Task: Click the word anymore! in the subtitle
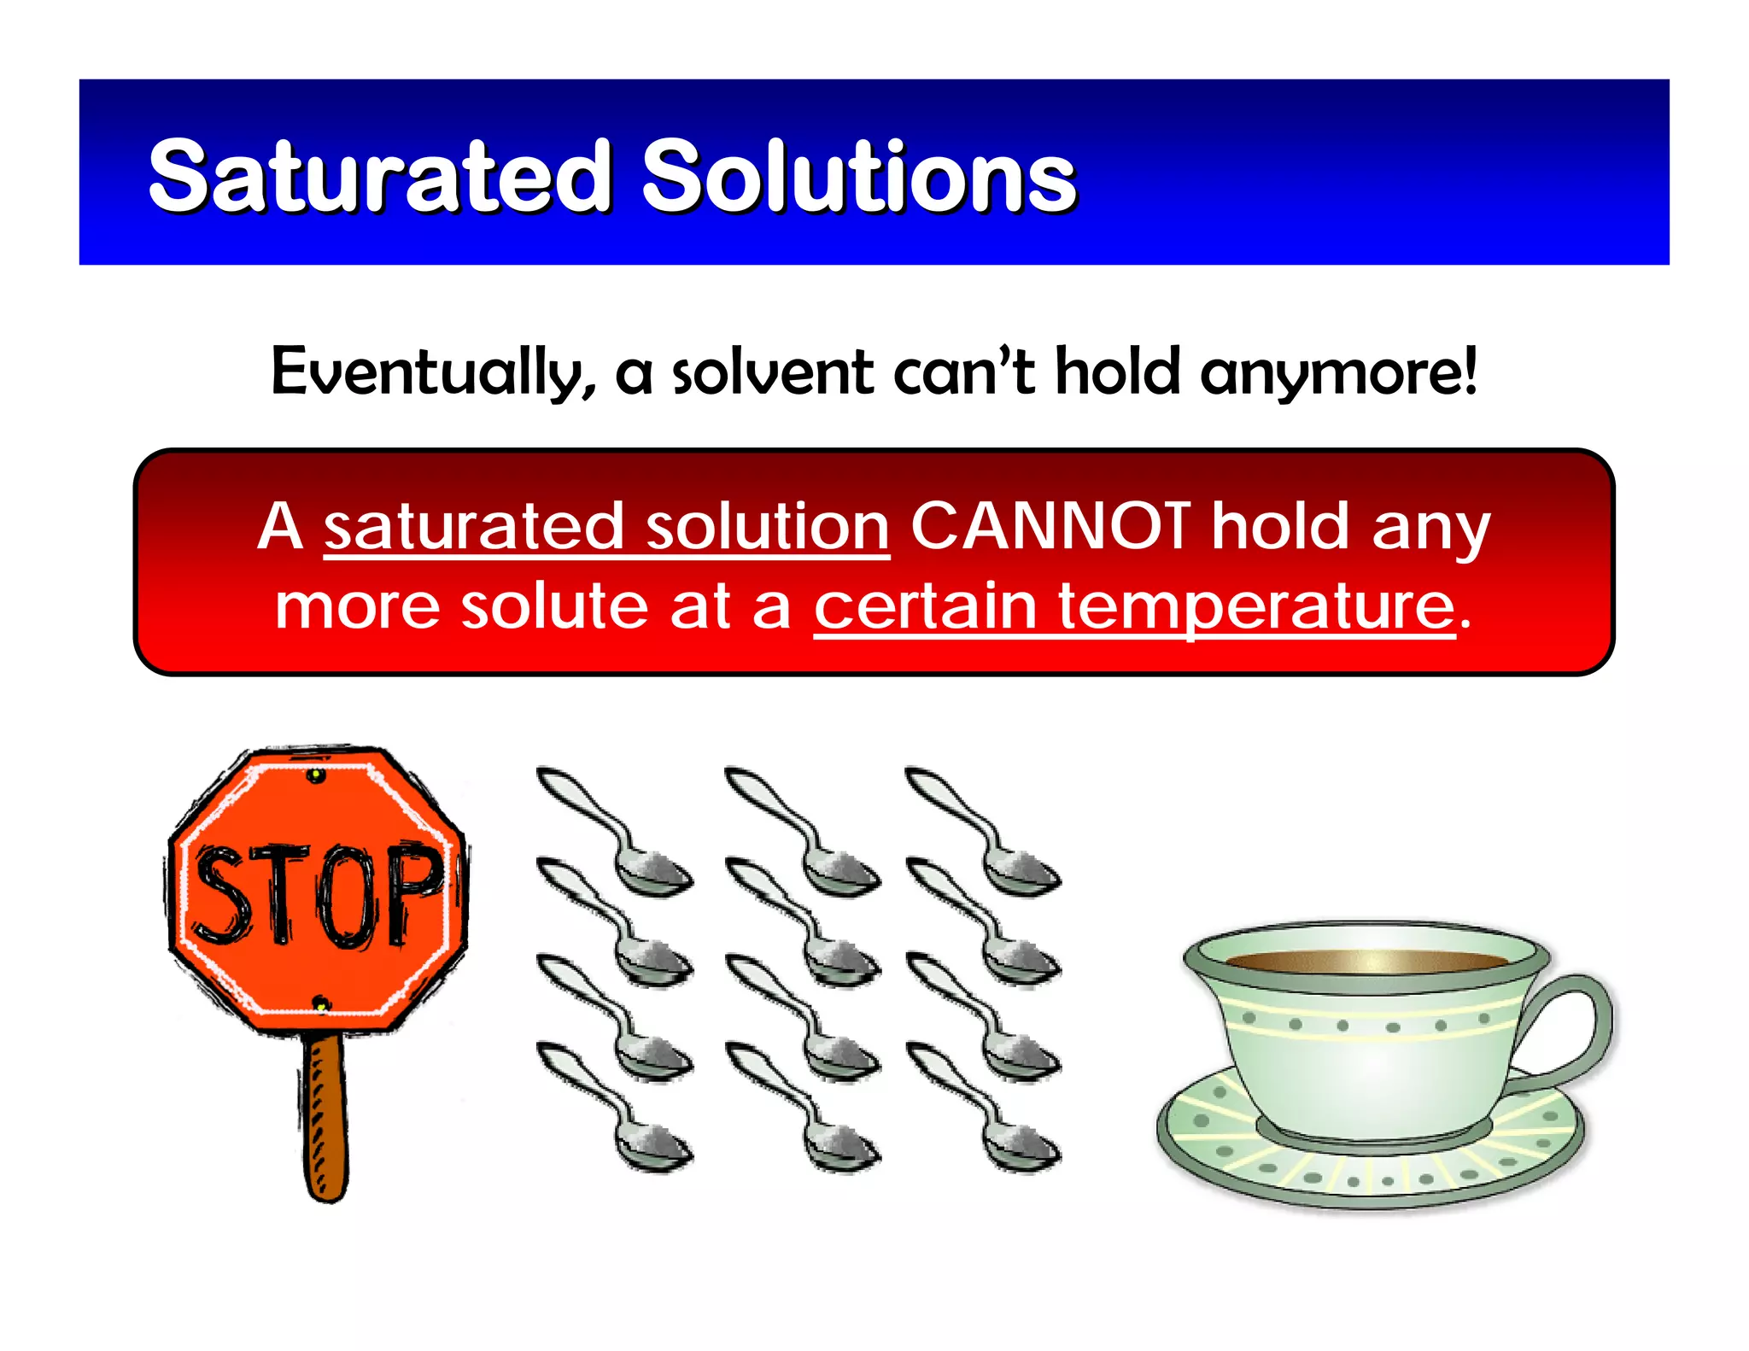(x=1338, y=372)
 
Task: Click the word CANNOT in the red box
(x=1050, y=526)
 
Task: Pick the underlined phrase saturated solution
(x=606, y=528)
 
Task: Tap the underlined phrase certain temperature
(x=1133, y=606)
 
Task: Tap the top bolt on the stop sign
(x=316, y=775)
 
